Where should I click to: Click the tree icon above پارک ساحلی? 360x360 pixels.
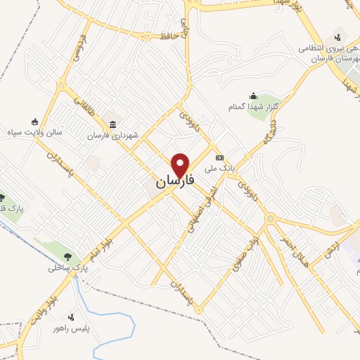click(68, 257)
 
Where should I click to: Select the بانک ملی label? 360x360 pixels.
click(218, 168)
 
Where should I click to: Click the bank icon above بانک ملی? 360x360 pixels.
click(219, 157)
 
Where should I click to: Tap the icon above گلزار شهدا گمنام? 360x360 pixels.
click(254, 96)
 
